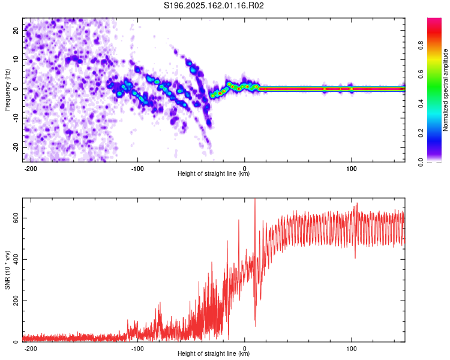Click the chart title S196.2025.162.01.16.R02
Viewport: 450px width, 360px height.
(214, 5)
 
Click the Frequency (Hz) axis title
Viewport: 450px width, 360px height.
(7, 90)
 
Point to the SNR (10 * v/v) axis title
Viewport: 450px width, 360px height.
(7, 270)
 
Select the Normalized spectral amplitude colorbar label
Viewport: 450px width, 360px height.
(445, 90)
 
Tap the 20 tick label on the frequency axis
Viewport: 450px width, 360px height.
(16, 30)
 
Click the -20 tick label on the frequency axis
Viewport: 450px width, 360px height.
(16, 148)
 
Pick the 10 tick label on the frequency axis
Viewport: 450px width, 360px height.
(16, 59)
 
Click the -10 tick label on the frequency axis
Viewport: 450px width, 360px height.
(16, 118)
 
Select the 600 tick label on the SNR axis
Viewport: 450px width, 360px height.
(16, 218)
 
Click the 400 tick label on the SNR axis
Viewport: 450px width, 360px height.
(16, 260)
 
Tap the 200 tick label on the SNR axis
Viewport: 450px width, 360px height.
(16, 301)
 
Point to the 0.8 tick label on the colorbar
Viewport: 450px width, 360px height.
(421, 46)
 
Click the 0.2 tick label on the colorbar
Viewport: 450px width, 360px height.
(421, 133)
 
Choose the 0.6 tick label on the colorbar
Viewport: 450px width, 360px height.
(421, 74)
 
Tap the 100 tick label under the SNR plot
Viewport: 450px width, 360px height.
(351, 349)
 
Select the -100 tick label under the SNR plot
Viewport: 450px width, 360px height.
(137, 349)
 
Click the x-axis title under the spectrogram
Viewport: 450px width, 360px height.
(214, 173)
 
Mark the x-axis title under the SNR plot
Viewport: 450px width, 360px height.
(214, 353)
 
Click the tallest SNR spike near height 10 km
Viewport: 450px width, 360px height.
(255, 199)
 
